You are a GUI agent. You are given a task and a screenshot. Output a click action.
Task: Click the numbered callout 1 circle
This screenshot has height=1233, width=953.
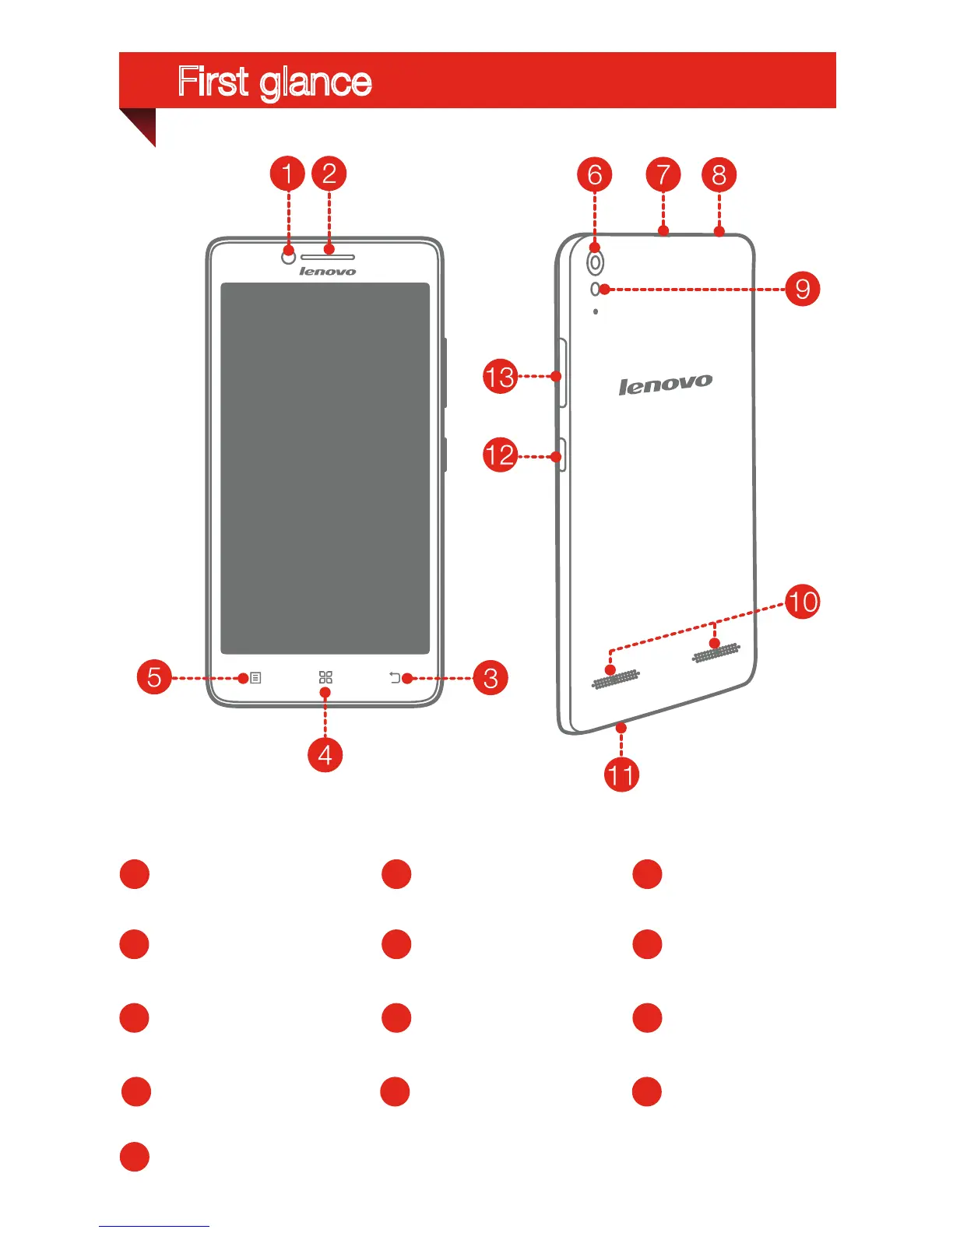pos(287,174)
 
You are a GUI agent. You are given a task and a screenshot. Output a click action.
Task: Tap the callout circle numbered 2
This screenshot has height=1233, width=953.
pos(329,174)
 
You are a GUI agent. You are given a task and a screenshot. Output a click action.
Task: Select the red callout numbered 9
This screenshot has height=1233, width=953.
pos(803,290)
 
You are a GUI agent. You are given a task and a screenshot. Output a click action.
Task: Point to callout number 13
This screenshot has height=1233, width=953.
pos(500,377)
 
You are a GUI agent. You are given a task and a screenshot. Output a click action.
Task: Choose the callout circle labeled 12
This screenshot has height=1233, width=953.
pos(500,455)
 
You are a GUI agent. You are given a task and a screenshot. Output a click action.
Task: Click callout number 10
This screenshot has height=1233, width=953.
pos(803,602)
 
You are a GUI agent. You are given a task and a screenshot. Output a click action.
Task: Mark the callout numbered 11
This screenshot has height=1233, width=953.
pos(621,775)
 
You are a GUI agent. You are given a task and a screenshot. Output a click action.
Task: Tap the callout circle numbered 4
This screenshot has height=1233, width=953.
pos(325,754)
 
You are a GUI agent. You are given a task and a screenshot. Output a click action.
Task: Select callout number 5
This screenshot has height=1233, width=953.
pos(154,677)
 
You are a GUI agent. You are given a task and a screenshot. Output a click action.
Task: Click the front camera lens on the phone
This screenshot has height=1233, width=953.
pos(288,256)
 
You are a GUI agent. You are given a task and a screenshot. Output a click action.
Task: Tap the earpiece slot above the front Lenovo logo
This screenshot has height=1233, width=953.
pos(328,257)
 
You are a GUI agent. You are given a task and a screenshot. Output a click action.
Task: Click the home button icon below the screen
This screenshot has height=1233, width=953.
pos(325,677)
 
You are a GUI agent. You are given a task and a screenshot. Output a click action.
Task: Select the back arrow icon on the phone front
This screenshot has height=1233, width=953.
pos(395,678)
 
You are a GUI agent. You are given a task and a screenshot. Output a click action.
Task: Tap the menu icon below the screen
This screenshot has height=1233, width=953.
pos(255,678)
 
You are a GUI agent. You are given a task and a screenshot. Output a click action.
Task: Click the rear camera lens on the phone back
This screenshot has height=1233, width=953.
pos(595,263)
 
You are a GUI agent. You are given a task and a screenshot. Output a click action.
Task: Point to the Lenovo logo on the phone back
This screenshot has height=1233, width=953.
pos(665,384)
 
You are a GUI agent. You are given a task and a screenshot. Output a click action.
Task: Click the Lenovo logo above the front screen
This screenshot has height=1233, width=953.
pos(328,272)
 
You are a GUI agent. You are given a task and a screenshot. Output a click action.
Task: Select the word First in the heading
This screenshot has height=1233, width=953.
pos(213,81)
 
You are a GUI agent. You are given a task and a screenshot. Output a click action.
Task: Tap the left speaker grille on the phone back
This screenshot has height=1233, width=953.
pos(616,679)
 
